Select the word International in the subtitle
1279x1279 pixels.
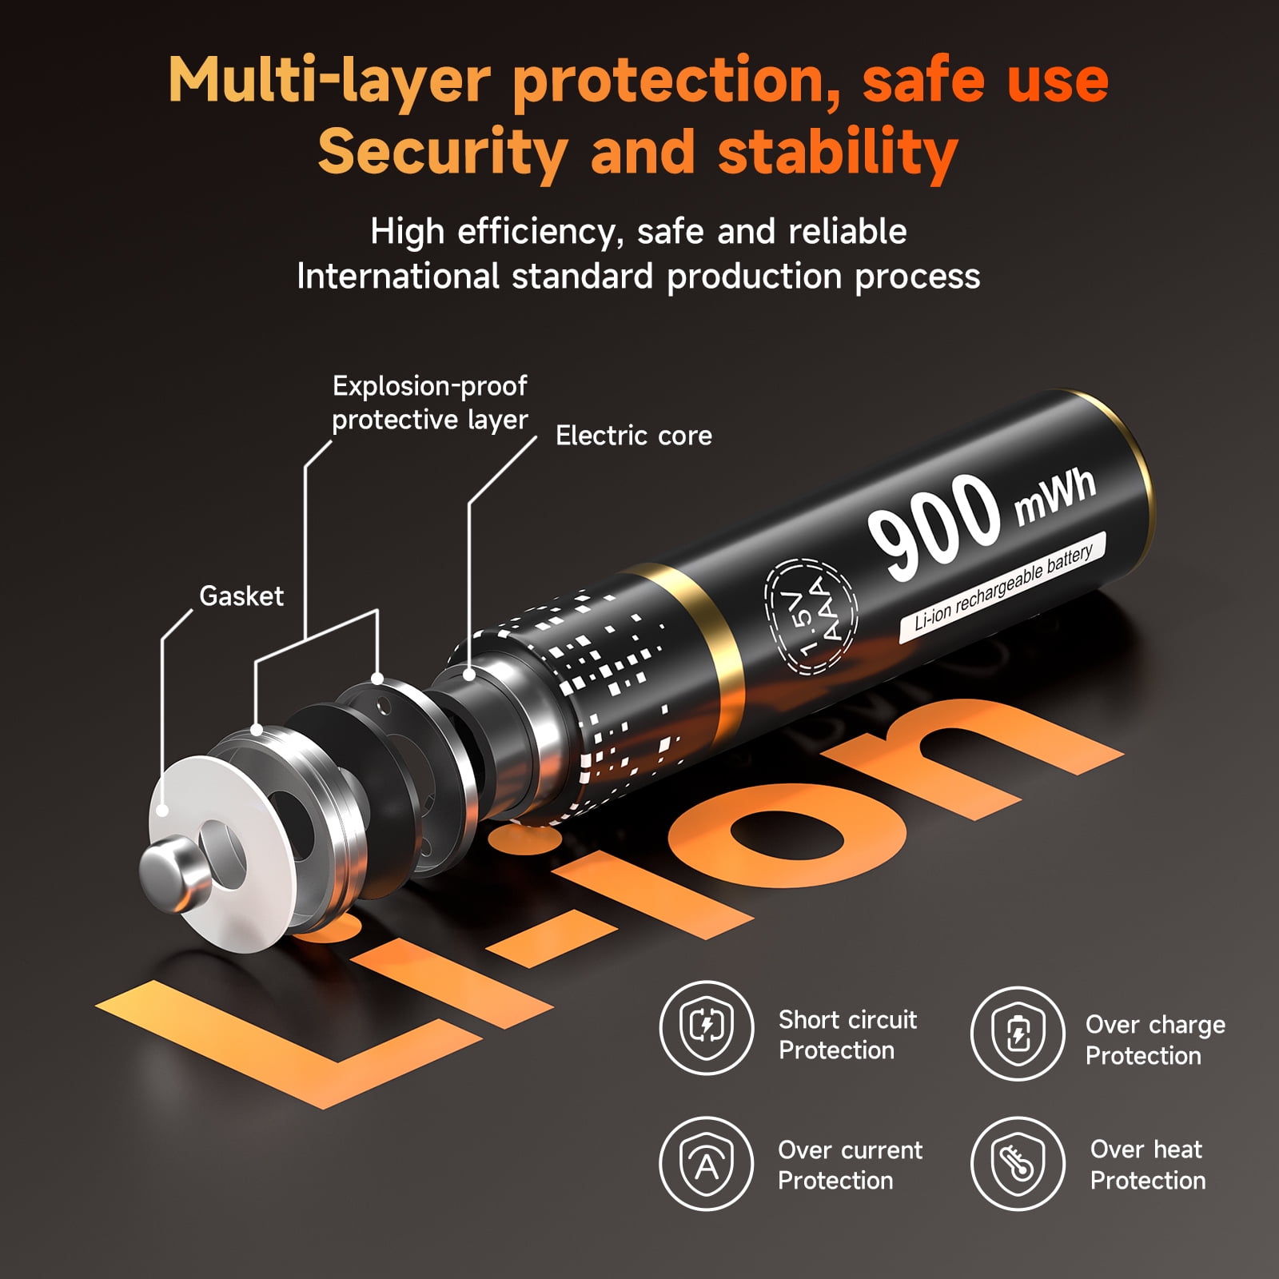click(398, 277)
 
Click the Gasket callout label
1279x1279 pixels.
click(241, 596)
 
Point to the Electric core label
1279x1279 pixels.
click(634, 436)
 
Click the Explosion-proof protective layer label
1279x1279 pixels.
click(430, 403)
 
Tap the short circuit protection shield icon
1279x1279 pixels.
click(707, 1027)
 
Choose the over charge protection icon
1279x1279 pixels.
click(1018, 1033)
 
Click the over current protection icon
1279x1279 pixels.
click(707, 1163)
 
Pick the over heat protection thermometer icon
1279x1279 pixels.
click(1018, 1164)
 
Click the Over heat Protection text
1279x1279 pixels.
click(1148, 1165)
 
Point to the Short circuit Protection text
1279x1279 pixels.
click(848, 1035)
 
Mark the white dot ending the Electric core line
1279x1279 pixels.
click(469, 675)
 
